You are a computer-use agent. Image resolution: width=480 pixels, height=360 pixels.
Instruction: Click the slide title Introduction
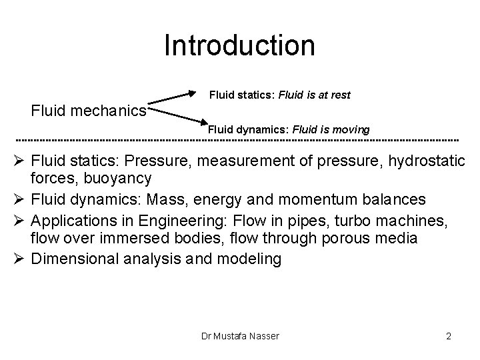pyautogui.click(x=239, y=46)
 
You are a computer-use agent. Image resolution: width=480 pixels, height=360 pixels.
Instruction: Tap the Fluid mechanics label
pyautogui.click(x=89, y=109)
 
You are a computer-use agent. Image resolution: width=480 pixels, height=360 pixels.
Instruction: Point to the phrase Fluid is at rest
pyautogui.click(x=315, y=95)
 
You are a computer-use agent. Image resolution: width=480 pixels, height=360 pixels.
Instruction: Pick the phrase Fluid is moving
pyautogui.click(x=331, y=129)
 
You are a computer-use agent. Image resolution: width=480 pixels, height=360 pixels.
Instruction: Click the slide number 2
pyautogui.click(x=449, y=336)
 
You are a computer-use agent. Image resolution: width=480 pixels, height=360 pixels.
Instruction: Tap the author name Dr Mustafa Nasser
pyautogui.click(x=240, y=336)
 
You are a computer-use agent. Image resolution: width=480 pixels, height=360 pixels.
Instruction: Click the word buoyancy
pyautogui.click(x=121, y=179)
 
